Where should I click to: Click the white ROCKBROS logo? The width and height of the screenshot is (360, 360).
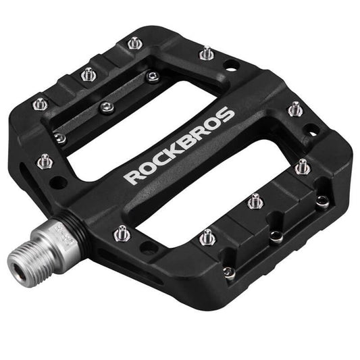coord(180,145)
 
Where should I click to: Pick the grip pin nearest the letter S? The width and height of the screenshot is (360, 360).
coord(294,108)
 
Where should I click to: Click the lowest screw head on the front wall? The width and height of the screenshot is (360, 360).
coord(230,272)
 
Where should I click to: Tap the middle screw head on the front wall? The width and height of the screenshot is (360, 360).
coord(276,236)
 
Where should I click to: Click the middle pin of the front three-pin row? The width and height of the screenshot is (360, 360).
coord(255,201)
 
